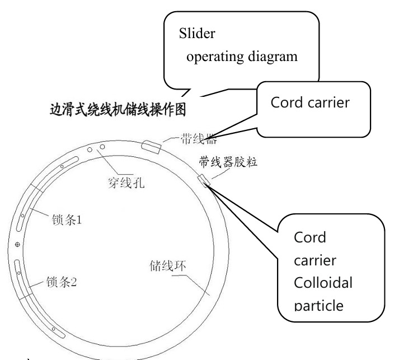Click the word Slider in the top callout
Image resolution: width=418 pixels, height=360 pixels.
pos(198,33)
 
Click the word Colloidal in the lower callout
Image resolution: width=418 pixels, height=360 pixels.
pos(323,283)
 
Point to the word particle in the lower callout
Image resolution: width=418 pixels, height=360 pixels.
pos(319,306)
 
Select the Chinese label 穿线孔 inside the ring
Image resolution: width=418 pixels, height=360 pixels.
pos(126,183)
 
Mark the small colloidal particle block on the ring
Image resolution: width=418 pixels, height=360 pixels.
pos(204,180)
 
